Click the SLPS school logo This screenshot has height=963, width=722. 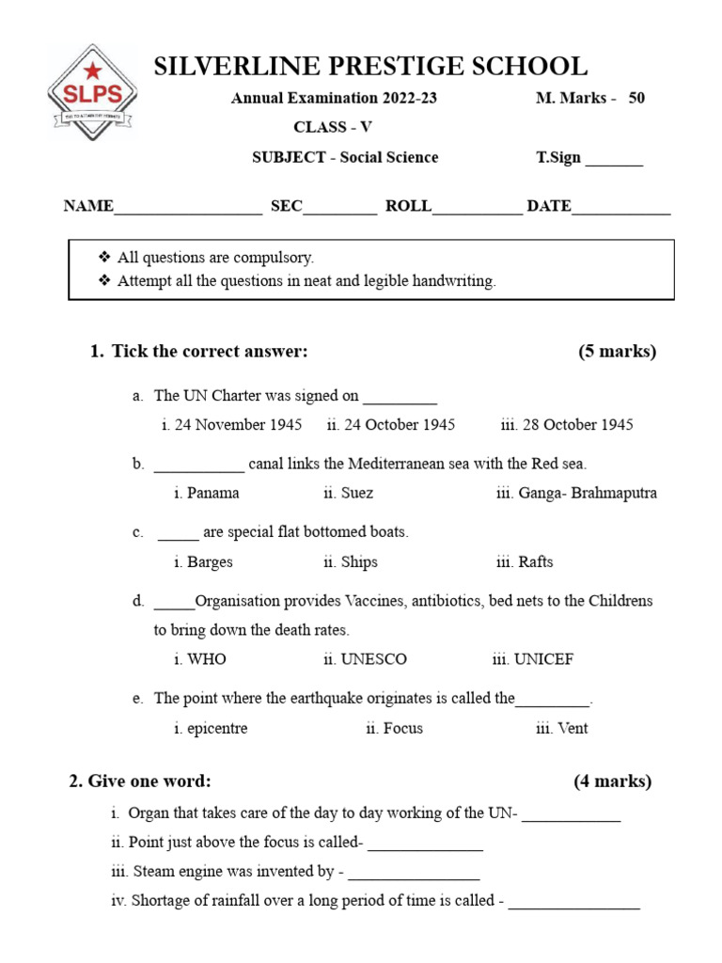pyautogui.click(x=92, y=92)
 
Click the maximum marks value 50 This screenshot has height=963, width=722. pyautogui.click(x=636, y=99)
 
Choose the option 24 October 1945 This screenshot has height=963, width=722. pyautogui.click(x=391, y=425)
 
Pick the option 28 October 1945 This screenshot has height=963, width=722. pyautogui.click(x=567, y=425)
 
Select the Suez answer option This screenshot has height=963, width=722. pyautogui.click(x=348, y=493)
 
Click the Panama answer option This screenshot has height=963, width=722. pyautogui.click(x=207, y=493)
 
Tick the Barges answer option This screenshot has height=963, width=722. pyautogui.click(x=203, y=562)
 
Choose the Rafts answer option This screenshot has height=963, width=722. pyautogui.click(x=525, y=562)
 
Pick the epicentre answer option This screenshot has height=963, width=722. pyautogui.click(x=211, y=729)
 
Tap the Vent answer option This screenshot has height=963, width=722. pyautogui.click(x=562, y=729)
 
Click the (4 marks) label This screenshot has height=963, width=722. pyautogui.click(x=612, y=781)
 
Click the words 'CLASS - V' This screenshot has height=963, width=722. pyautogui.click(x=333, y=128)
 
